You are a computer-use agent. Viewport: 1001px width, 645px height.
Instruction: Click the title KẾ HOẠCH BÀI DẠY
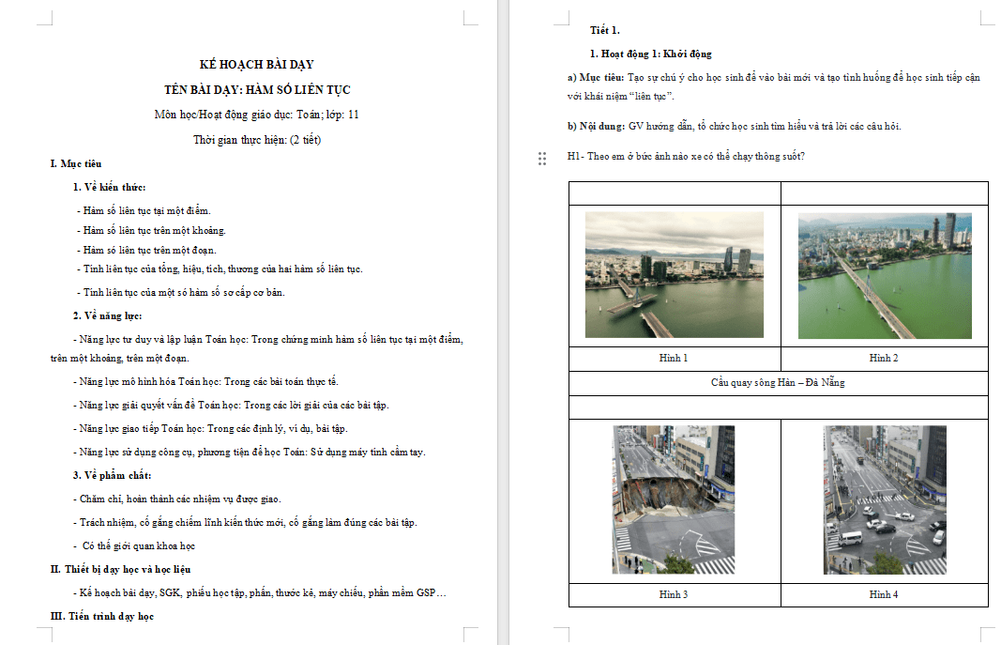pyautogui.click(x=257, y=65)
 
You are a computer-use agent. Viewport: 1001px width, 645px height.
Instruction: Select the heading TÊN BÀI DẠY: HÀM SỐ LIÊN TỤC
pyautogui.click(x=257, y=90)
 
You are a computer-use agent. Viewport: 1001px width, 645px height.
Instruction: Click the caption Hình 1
pyautogui.click(x=674, y=359)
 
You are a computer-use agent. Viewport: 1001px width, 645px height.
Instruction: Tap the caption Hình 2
pyautogui.click(x=883, y=359)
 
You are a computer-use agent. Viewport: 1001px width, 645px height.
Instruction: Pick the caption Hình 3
pyautogui.click(x=674, y=595)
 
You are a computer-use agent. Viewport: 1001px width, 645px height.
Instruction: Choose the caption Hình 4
pyautogui.click(x=883, y=595)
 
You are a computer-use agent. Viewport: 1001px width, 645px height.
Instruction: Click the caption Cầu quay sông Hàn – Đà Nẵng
pyautogui.click(x=778, y=383)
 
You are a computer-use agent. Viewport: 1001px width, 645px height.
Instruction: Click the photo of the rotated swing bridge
pyautogui.click(x=674, y=274)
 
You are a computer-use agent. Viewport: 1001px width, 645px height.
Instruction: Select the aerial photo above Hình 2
pyautogui.click(x=884, y=275)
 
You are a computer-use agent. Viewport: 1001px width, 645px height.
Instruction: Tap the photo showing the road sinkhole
pyautogui.click(x=674, y=499)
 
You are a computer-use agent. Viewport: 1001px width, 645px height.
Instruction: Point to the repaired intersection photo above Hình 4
pyautogui.click(x=884, y=499)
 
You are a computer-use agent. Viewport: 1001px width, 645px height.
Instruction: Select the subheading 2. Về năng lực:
pyautogui.click(x=108, y=315)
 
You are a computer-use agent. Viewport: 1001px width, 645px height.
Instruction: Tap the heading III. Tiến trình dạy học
pyautogui.click(x=101, y=616)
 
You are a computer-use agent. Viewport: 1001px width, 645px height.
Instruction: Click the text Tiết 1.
pyautogui.click(x=604, y=31)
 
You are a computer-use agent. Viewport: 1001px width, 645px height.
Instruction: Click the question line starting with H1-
pyautogui.click(x=685, y=157)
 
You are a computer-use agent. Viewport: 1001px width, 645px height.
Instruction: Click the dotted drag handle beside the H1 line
pyautogui.click(x=542, y=159)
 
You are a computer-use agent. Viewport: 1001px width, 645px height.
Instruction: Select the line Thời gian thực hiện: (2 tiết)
pyautogui.click(x=257, y=140)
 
